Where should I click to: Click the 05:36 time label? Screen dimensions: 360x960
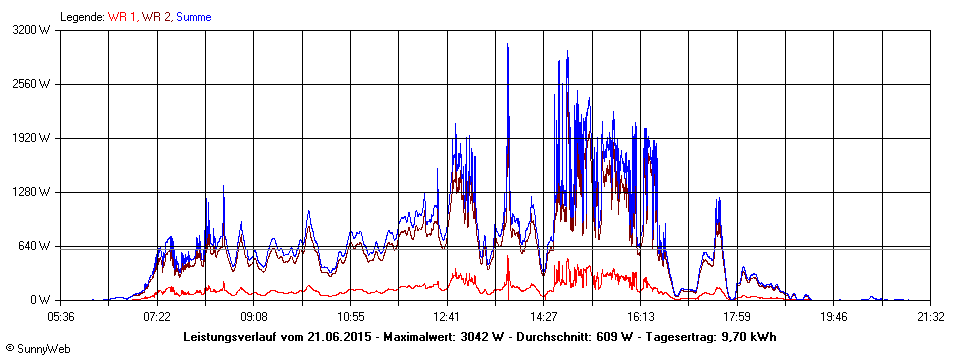click(61, 316)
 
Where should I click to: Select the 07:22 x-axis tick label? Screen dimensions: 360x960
click(157, 316)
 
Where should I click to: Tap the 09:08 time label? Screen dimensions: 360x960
click(254, 316)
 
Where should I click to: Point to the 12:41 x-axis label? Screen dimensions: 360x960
click(447, 316)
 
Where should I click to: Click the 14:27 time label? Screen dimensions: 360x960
click(544, 316)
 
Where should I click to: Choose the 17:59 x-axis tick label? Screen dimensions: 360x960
click(737, 316)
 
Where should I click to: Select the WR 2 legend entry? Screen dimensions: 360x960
click(156, 17)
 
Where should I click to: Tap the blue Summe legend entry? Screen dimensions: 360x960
click(193, 17)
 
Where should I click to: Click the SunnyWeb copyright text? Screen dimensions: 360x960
click(39, 348)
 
